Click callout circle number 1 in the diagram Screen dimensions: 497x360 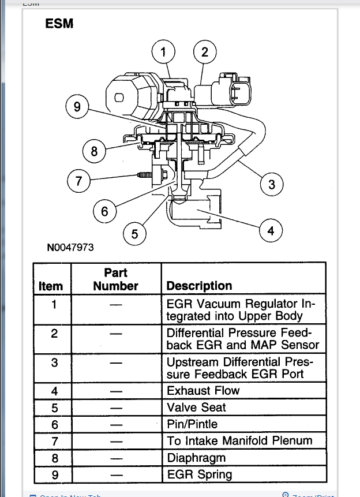(164, 53)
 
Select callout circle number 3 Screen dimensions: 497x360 (272, 185)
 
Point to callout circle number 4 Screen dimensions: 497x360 (271, 231)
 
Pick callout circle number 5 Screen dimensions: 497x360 (135, 234)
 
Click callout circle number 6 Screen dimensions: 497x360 (104, 211)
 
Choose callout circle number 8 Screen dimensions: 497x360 (95, 152)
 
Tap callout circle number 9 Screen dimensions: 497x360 (77, 107)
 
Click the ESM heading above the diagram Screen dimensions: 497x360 (59, 24)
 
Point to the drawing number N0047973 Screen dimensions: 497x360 (70, 247)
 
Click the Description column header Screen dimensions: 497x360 (199, 286)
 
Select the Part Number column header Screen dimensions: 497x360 (115, 279)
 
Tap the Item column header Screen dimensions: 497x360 (51, 286)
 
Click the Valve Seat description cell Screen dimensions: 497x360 (196, 408)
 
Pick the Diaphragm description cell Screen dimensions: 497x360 (196, 458)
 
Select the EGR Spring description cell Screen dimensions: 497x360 (199, 475)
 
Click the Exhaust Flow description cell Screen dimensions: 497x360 (202, 391)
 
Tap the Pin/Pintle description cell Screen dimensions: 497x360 (192, 424)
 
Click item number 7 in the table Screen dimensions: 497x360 (54, 441)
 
